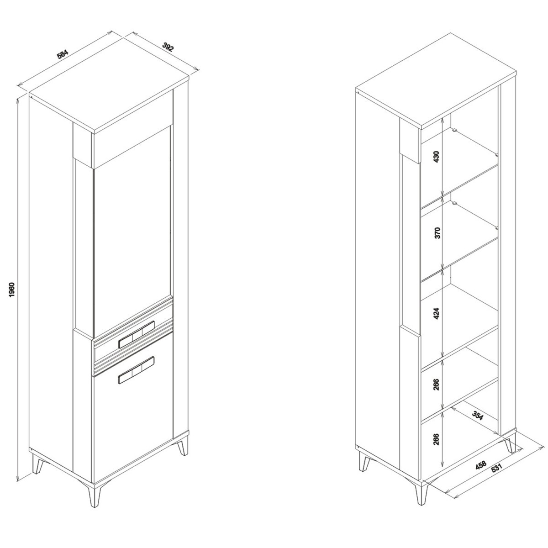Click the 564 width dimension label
click(x=63, y=54)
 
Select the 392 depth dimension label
click(x=168, y=47)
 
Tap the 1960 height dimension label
click(x=11, y=290)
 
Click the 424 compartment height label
click(x=437, y=313)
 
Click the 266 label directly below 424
click(x=437, y=385)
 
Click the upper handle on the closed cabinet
click(x=137, y=334)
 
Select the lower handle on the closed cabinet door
click(x=137, y=370)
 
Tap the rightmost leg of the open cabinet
click(x=511, y=444)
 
